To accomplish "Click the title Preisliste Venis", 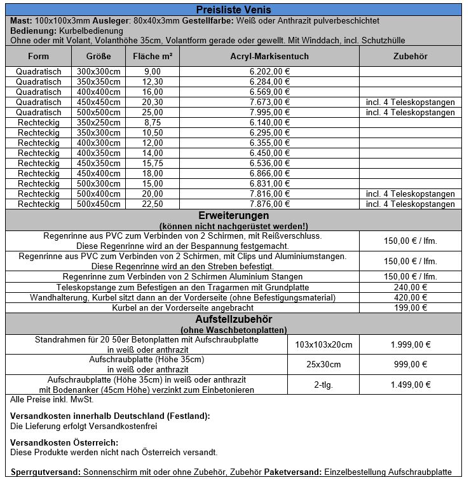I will [233, 10].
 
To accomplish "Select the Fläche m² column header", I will [153, 56].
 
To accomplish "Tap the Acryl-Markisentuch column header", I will [269, 56].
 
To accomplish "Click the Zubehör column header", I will [411, 56].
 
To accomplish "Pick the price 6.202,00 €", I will [269, 72].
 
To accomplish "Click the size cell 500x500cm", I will [99, 113].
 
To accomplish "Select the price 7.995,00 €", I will [269, 113].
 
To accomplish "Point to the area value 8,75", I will [153, 123].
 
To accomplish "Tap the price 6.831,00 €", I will [269, 184].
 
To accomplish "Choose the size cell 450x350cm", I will [99, 164].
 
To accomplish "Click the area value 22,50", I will [153, 204].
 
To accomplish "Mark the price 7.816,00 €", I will [269, 194].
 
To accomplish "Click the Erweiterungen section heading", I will [233, 215].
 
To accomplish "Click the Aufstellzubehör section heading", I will [233, 319].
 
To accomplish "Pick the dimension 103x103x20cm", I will [324, 344].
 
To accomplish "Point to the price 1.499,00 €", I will [411, 385].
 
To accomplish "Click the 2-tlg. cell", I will [324, 385].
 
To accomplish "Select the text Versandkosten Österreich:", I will [64, 442].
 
